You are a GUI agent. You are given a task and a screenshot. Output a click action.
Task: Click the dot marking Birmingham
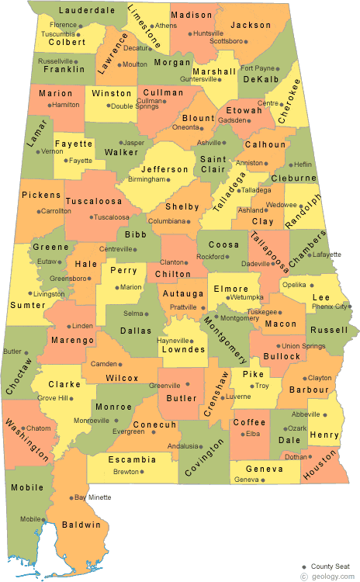tap(168, 179)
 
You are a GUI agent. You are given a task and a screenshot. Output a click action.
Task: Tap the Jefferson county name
tap(165, 169)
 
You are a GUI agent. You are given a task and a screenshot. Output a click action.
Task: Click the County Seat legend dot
tap(304, 566)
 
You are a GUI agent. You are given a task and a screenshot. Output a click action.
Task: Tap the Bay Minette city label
tap(93, 497)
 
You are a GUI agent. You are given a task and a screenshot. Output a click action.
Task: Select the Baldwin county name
tap(82, 525)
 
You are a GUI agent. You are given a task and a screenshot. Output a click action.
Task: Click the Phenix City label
tap(327, 307)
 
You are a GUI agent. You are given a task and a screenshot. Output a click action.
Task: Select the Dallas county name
tap(140, 330)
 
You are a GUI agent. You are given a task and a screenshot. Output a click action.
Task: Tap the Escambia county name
tap(132, 459)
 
